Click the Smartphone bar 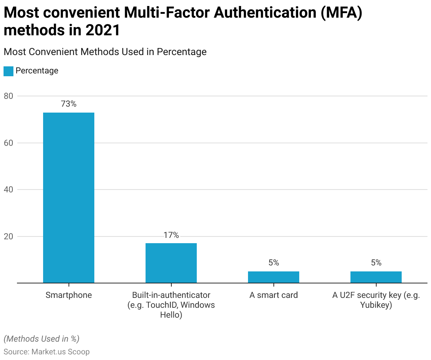coord(69,198)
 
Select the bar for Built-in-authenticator coord(171,263)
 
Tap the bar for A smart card coord(273,277)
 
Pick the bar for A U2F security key coord(376,277)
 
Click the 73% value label coord(69,104)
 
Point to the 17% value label coord(171,235)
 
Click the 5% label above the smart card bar coord(273,263)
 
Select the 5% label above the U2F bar coord(376,263)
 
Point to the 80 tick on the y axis coord(9,96)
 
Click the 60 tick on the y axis coord(9,143)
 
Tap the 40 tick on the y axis coord(9,190)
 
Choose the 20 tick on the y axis coord(9,236)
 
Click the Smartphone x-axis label coord(69,295)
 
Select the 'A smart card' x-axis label coord(273,295)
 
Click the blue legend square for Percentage coord(8,71)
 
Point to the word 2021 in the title coord(103,30)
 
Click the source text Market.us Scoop coord(60,352)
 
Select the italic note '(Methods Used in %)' coord(41,339)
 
